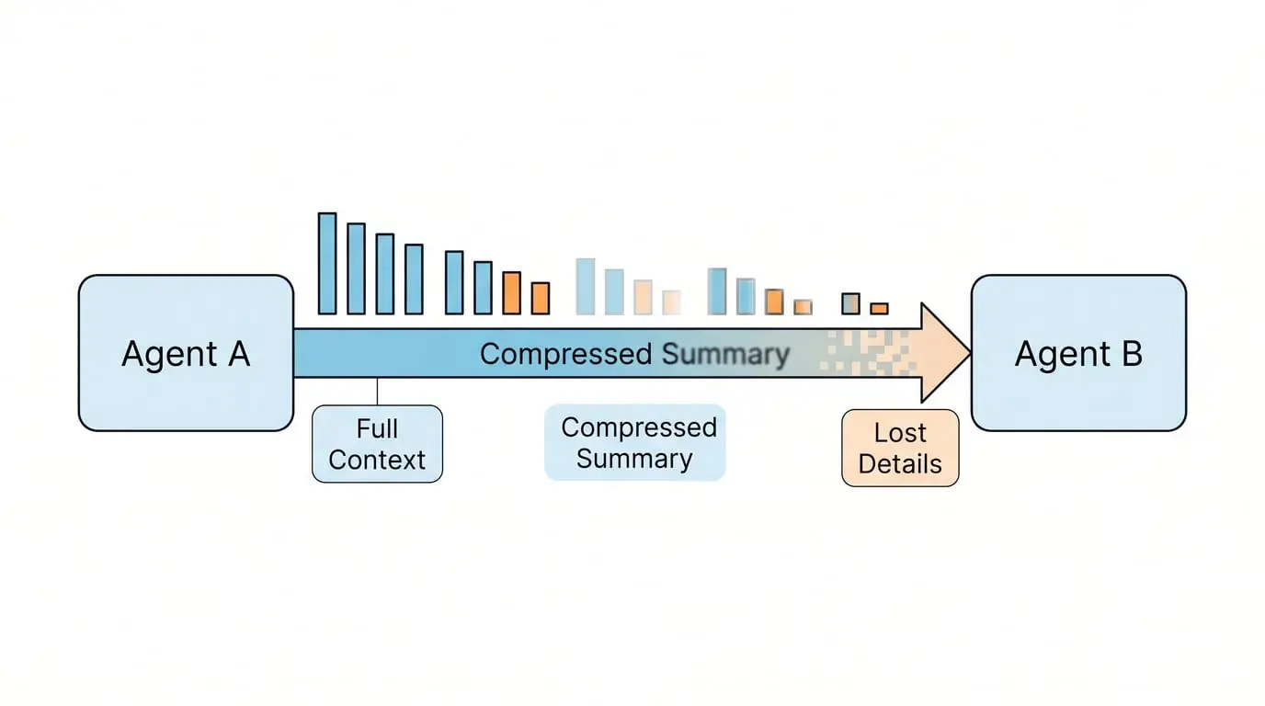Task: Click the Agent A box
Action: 186,353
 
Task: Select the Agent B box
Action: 1078,353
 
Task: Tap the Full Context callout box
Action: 377,444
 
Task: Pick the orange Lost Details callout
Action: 900,448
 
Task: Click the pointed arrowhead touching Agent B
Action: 945,352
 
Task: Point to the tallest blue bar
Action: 327,264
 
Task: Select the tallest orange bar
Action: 512,293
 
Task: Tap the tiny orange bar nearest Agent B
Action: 880,309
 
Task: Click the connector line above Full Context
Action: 377,392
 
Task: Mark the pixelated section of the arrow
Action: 869,353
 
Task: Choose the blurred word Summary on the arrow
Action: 725,354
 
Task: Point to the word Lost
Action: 900,433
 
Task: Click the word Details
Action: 900,463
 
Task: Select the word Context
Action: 377,460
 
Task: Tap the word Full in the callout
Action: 377,428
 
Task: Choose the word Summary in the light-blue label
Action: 634,459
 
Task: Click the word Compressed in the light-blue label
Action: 639,427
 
